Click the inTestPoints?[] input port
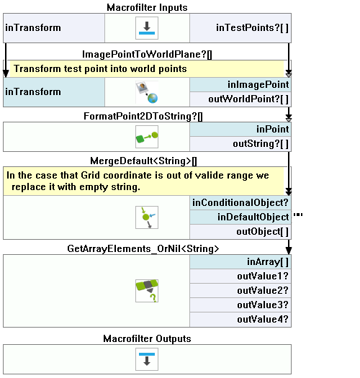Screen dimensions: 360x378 (x=240, y=28)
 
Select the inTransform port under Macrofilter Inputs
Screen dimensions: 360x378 (x=54, y=28)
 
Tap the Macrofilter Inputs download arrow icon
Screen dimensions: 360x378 (x=147, y=28)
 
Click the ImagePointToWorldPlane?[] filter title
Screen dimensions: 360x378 (x=147, y=54)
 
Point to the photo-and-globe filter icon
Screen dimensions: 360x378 (x=147, y=92)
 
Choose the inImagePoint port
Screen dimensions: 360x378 (x=240, y=85)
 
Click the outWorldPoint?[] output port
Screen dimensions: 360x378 (x=240, y=99)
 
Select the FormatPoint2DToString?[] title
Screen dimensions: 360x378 (x=143, y=117)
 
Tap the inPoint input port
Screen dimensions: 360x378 (x=240, y=129)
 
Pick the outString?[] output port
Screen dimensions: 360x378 (x=240, y=144)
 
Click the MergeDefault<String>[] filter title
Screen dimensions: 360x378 (x=143, y=161)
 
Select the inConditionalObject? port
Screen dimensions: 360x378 (x=240, y=203)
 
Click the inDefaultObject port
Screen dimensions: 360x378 (x=240, y=217)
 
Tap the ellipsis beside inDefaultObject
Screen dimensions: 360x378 (x=298, y=215)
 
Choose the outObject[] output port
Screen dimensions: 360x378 (x=240, y=232)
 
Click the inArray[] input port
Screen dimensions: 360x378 (x=240, y=262)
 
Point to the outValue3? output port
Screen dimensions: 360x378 (x=240, y=305)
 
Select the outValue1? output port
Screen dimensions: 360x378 (x=240, y=276)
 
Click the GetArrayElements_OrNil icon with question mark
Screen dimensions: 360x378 (x=147, y=291)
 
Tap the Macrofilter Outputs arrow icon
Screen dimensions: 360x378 (x=147, y=359)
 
